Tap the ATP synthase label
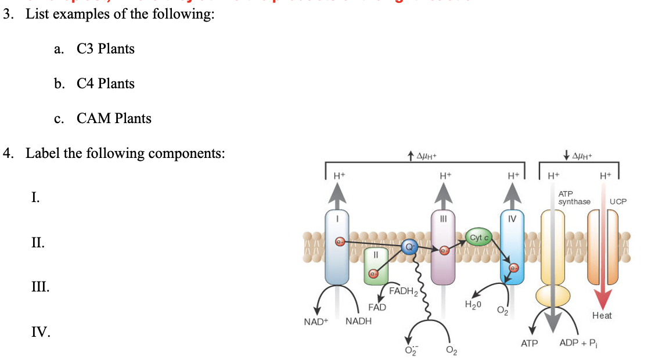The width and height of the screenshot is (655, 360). (574, 197)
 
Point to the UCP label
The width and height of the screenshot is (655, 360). (618, 201)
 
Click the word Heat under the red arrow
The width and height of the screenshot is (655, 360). (602, 315)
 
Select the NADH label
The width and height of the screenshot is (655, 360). (358, 321)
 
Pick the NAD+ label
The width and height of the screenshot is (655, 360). (316, 321)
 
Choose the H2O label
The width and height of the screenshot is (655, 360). (474, 304)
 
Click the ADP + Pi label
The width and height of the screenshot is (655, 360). (578, 343)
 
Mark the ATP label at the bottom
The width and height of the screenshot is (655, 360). (530, 344)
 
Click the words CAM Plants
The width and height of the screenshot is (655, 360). (114, 118)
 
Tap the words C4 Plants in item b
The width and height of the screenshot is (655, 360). (105, 84)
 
